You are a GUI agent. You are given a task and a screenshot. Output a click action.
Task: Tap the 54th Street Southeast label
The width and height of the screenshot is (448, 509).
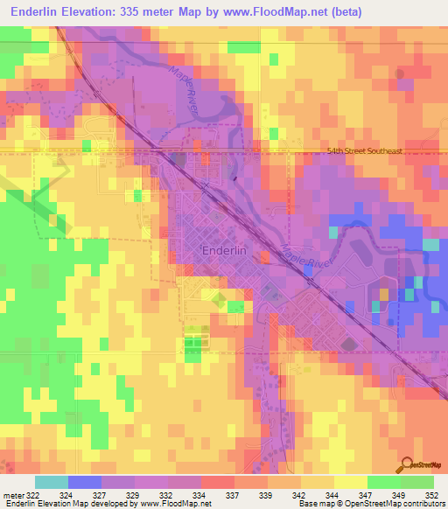pos(363,151)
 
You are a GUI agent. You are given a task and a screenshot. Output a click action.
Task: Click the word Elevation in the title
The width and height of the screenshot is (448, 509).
pos(101,11)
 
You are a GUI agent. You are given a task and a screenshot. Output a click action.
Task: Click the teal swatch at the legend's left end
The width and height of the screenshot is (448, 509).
pos(52,482)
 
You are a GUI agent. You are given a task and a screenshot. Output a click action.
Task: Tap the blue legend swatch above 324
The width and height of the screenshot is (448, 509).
pos(85,482)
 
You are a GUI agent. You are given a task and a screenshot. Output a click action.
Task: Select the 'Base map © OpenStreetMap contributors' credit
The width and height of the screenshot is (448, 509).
pos(370,504)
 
